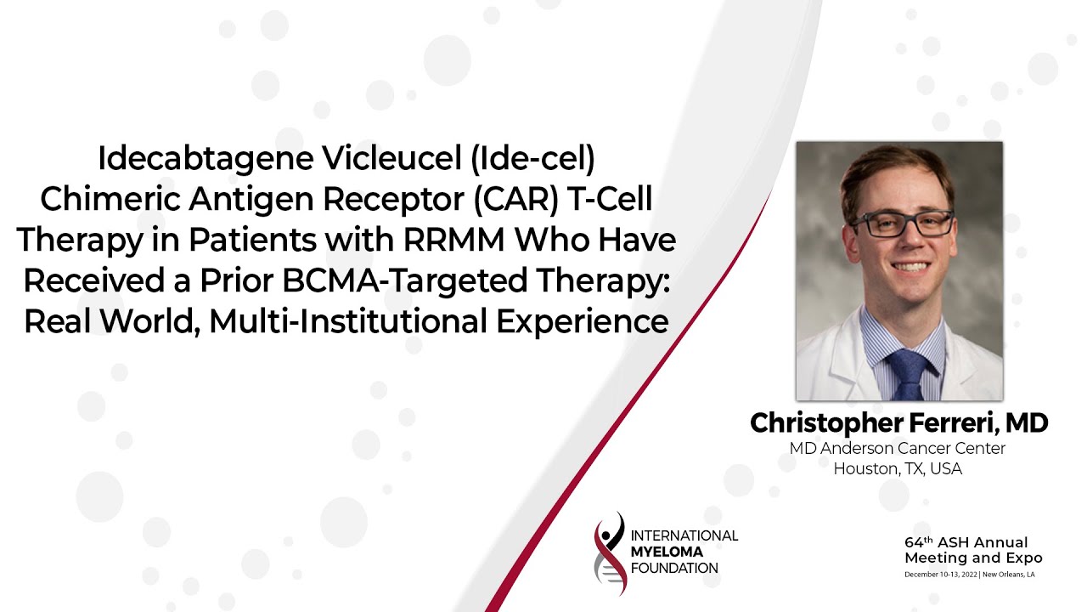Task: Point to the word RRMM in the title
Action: click(453, 240)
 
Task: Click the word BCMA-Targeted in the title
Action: click(405, 281)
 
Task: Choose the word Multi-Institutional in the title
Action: click(348, 321)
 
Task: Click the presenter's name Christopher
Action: click(826, 423)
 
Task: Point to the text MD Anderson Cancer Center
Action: click(898, 448)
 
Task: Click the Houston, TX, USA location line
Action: click(898, 468)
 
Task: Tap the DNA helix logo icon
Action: click(610, 553)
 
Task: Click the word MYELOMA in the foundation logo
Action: click(667, 552)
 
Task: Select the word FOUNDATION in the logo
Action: click(674, 569)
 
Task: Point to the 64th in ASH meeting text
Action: click(919, 542)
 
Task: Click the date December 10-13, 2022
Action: click(941, 575)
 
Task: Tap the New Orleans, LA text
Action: click(1008, 575)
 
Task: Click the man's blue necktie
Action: click(908, 375)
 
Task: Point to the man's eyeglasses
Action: click(903, 224)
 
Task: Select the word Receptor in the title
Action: click(393, 200)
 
